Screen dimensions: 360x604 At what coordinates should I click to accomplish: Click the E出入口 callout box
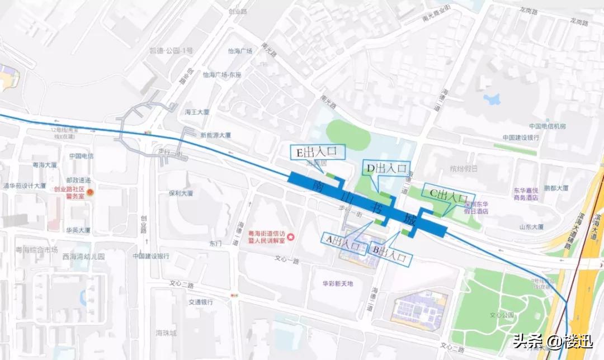click(x=317, y=152)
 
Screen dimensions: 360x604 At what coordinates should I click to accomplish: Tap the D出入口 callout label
click(x=386, y=168)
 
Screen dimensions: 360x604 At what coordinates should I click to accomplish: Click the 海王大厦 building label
click(x=197, y=112)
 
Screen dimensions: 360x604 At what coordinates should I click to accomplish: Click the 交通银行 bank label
click(x=200, y=302)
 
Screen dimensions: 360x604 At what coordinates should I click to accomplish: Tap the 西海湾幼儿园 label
click(x=84, y=256)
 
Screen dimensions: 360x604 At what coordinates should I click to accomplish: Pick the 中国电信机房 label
click(x=547, y=126)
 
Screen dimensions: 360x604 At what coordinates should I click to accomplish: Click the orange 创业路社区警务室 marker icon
click(x=91, y=192)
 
